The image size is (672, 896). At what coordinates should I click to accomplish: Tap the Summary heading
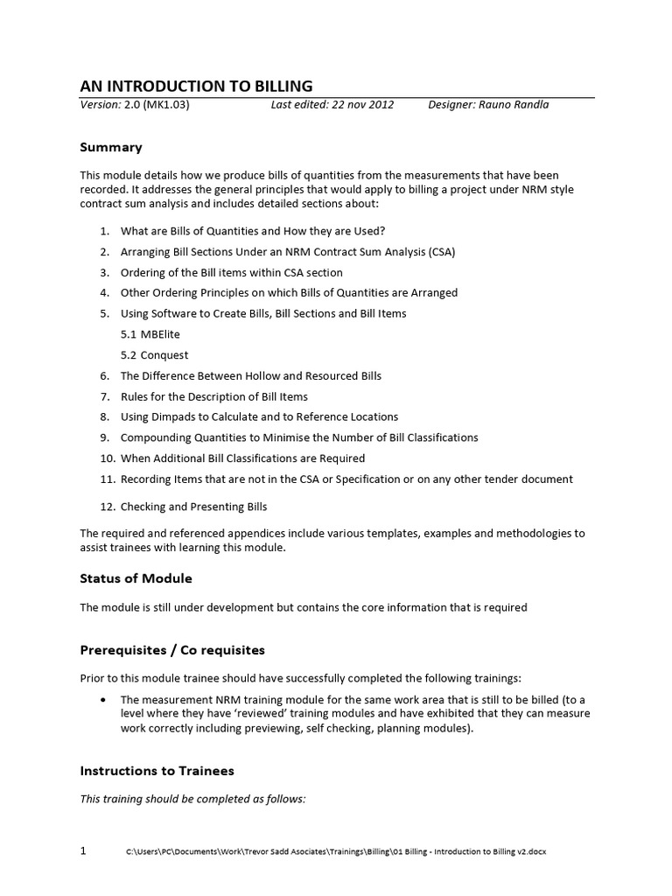click(x=111, y=147)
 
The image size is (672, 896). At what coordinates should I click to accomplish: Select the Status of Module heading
click(x=136, y=578)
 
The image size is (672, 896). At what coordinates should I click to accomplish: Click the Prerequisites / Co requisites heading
click(x=171, y=650)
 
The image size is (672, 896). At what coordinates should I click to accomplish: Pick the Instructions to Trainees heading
click(x=157, y=771)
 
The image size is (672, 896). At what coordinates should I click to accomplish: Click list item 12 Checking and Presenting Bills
click(x=193, y=507)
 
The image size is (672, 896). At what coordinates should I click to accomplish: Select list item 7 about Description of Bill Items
click(x=213, y=396)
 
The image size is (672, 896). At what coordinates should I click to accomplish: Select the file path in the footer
click(x=336, y=852)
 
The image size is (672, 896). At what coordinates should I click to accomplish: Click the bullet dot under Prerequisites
click(x=104, y=700)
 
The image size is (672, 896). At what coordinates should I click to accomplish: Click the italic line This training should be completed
click(x=192, y=799)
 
